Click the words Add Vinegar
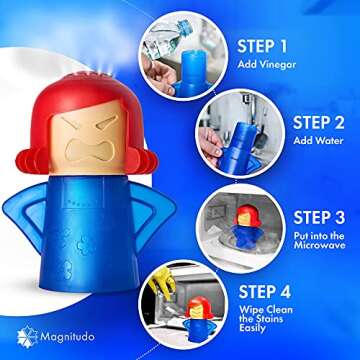pos(271,65)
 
